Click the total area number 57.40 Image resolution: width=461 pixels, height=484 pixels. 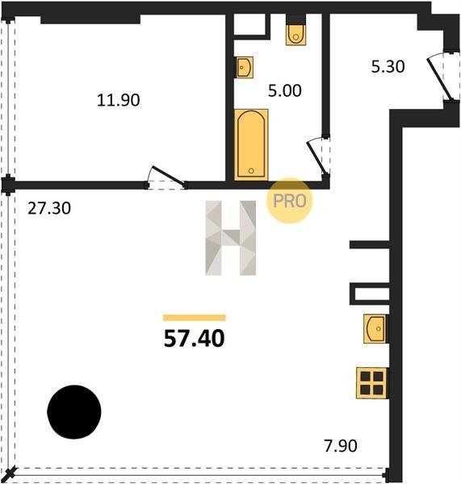pos(194,338)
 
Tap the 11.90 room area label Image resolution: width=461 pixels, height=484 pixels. pos(119,100)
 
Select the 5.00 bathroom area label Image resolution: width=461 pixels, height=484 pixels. pos(284,90)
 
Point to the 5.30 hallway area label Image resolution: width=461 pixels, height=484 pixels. pos(388,67)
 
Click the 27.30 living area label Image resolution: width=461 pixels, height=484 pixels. pos(49,208)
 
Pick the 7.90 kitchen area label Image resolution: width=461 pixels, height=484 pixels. pos(341,446)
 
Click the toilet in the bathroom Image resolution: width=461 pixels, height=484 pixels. pos(296,34)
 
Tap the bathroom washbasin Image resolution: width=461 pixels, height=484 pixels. pos(245,67)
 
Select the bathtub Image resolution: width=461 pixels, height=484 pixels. pos(251,144)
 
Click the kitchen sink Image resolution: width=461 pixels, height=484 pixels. pos(375,328)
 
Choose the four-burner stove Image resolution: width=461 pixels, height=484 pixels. pos(371,382)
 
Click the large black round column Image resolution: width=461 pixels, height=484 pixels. pos(74,411)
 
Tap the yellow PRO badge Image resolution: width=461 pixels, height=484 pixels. pos(290,201)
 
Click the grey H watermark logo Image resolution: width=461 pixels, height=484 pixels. pos(231,238)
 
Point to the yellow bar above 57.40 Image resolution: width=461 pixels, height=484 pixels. pos(195,318)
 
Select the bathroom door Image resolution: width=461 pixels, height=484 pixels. pos(316,157)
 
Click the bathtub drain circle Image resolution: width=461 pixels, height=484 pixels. pos(251,171)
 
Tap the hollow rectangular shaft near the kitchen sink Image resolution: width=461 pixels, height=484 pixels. pos(370,294)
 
